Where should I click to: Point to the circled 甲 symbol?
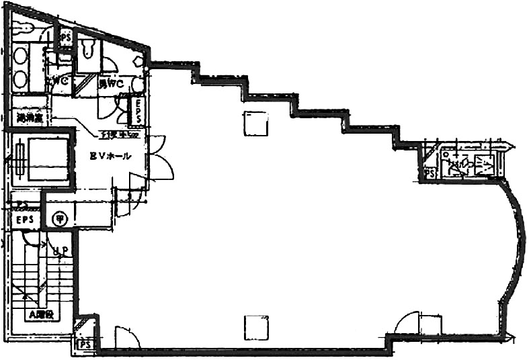[x=60, y=218]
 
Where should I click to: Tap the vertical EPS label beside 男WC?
[x=137, y=111]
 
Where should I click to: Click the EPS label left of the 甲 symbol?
[x=26, y=220]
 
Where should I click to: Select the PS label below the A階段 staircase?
[x=85, y=345]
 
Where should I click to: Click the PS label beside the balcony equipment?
[x=430, y=173]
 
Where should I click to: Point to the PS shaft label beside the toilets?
[x=66, y=38]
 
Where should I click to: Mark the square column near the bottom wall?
[x=256, y=328]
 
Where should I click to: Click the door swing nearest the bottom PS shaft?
[x=125, y=337]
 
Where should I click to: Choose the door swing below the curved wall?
[x=408, y=324]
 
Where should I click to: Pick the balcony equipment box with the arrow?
[x=484, y=165]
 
